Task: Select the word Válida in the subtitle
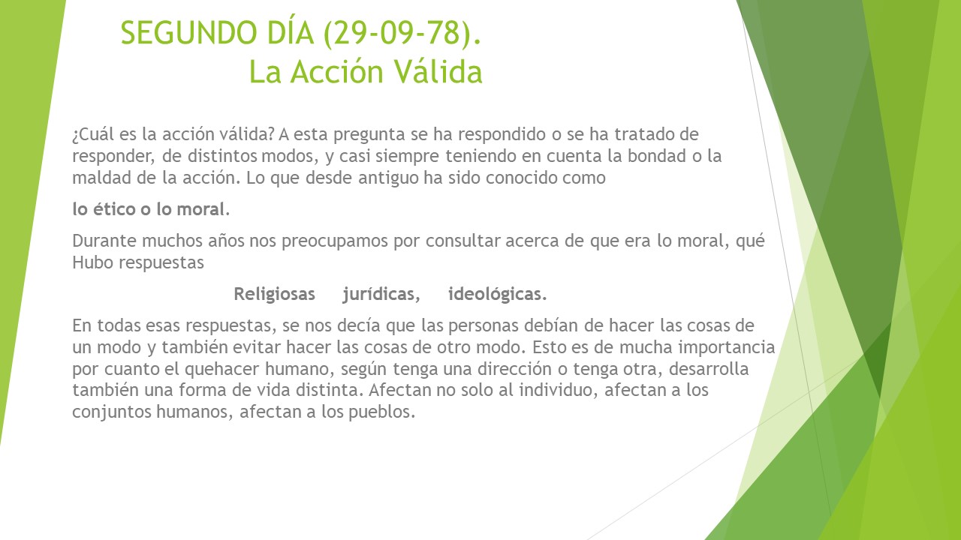tap(438, 71)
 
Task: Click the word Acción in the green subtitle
tap(337, 71)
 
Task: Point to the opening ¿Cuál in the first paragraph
tap(93, 134)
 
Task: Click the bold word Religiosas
tap(275, 295)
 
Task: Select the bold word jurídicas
tap(381, 295)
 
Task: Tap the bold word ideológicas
tap(498, 295)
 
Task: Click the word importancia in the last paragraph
tap(727, 347)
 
